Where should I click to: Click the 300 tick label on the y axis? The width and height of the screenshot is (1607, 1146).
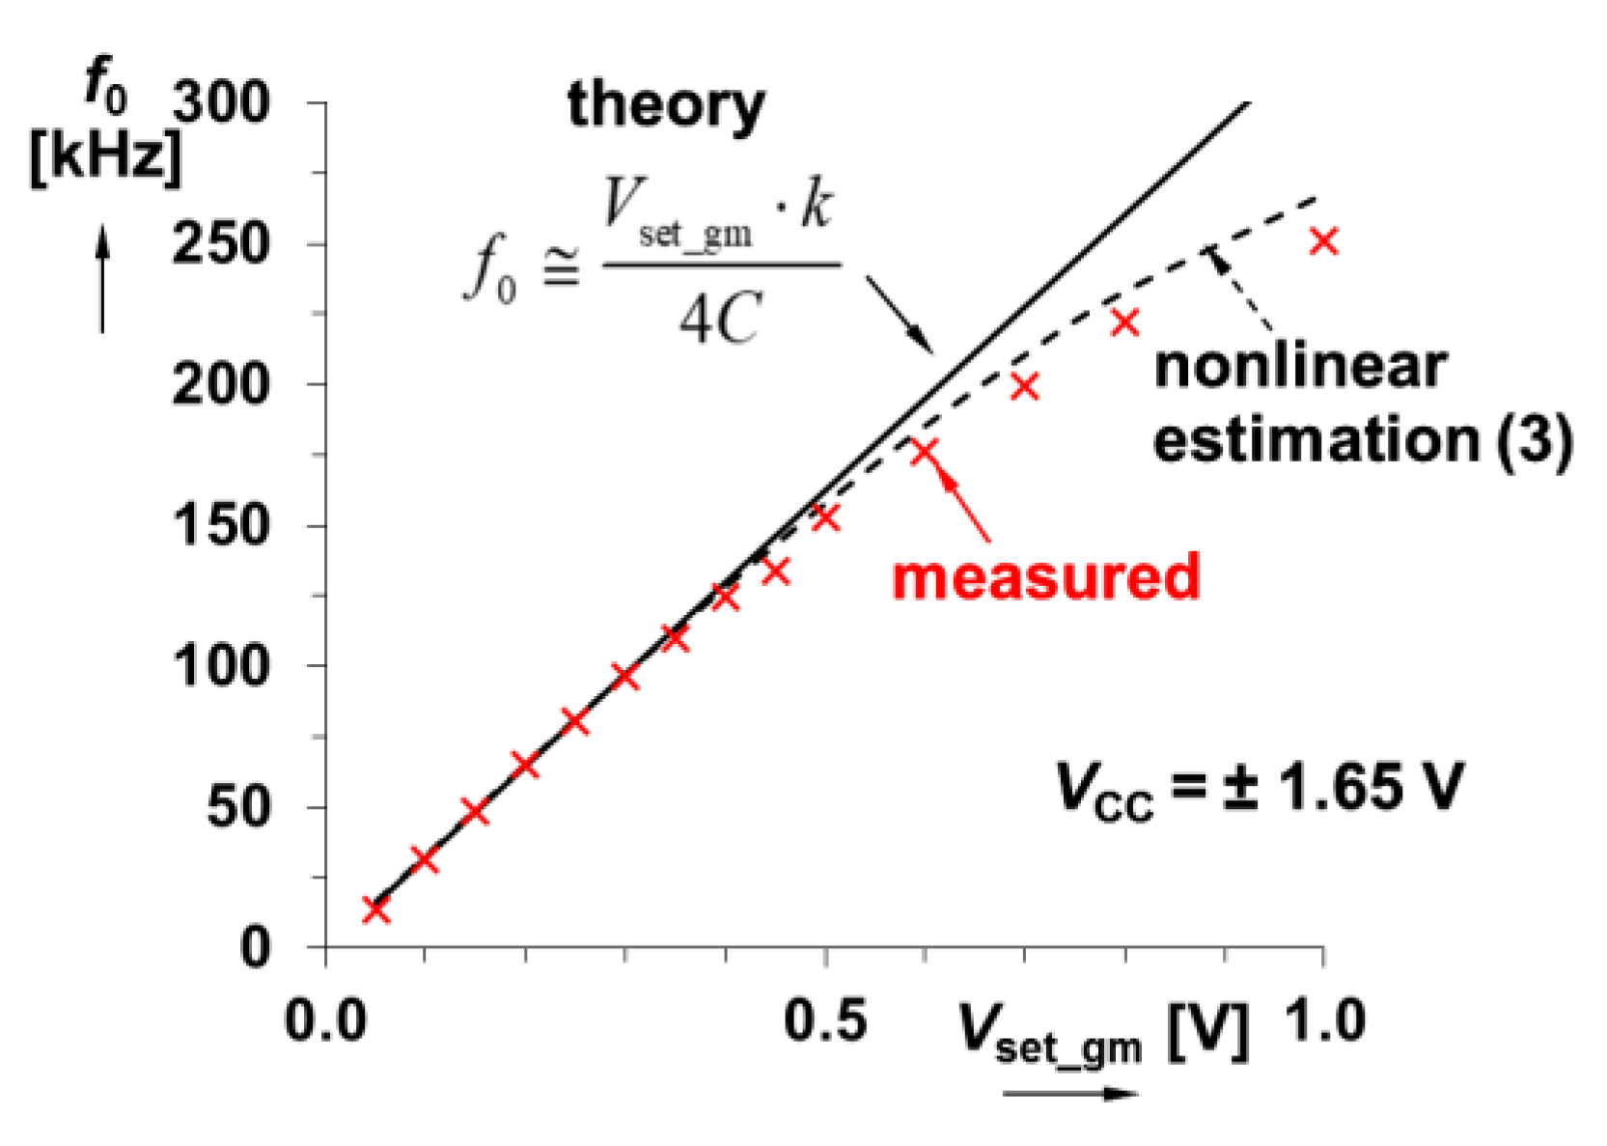[x=221, y=102]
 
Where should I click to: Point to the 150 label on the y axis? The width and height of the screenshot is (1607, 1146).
[x=221, y=526]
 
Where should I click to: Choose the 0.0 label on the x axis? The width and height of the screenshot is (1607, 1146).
[x=326, y=1020]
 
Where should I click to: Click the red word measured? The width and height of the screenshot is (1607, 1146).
[x=1046, y=577]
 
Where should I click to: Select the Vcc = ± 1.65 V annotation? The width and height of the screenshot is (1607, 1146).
[x=1260, y=787]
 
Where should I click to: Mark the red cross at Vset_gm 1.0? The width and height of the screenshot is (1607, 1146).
[x=1324, y=241]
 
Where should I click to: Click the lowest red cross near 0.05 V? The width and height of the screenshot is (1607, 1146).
[x=376, y=909]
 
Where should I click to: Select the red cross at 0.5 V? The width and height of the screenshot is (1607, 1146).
[x=825, y=517]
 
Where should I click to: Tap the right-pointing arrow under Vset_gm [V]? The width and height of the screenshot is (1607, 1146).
[x=1071, y=1094]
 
